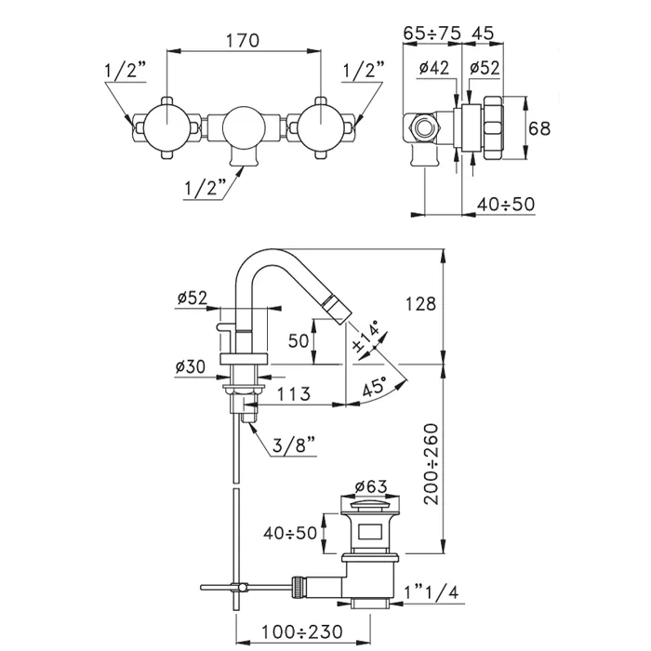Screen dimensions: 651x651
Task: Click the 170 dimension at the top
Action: pyautogui.click(x=243, y=42)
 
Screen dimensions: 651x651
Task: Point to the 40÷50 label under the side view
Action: pyautogui.click(x=506, y=204)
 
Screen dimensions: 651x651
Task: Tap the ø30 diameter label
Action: pyautogui.click(x=191, y=366)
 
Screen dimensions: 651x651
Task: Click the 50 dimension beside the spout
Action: pyautogui.click(x=298, y=341)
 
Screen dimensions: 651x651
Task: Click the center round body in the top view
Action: pyautogui.click(x=244, y=126)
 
